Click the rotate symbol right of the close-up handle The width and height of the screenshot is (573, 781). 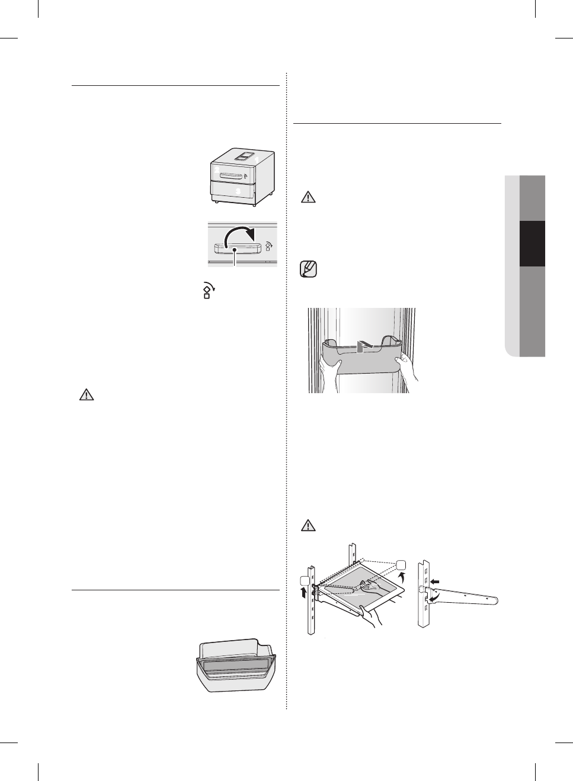(268, 246)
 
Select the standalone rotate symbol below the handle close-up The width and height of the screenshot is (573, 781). (208, 290)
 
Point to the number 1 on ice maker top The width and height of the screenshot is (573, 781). (257, 159)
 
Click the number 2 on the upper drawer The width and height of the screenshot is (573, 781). (217, 171)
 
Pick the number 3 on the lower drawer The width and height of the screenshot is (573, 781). (238, 191)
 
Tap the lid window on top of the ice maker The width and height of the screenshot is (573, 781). (244, 155)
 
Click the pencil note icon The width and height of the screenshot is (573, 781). (309, 270)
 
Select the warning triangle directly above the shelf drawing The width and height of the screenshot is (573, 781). (307, 525)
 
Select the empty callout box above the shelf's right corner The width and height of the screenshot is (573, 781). (401, 564)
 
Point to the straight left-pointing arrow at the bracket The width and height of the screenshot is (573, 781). (436, 583)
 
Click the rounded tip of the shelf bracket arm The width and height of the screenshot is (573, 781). (494, 600)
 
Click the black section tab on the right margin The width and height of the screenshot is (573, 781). (532, 244)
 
